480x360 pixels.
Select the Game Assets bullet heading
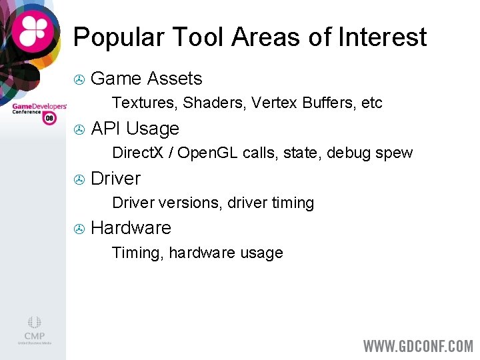(x=146, y=79)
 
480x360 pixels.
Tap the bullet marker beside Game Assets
(x=79, y=80)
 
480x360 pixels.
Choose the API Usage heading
(x=135, y=129)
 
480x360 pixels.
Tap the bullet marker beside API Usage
(x=79, y=129)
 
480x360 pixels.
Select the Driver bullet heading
(x=115, y=179)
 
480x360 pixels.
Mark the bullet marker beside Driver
(x=79, y=179)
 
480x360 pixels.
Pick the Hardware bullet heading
(x=131, y=228)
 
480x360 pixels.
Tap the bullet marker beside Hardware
(x=79, y=229)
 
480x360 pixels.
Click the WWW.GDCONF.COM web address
(x=417, y=346)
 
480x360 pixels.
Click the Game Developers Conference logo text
(x=39, y=109)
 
